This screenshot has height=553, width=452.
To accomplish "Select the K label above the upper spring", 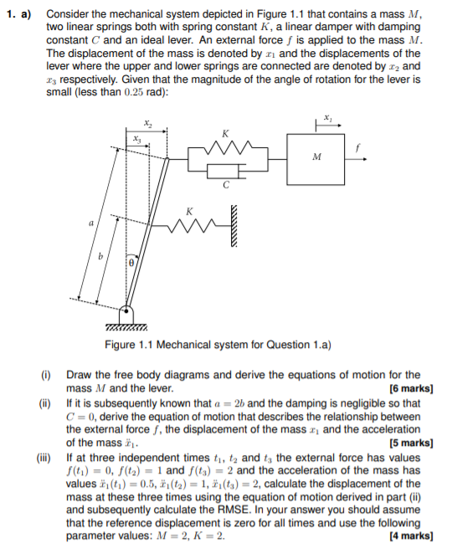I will click(x=225, y=132).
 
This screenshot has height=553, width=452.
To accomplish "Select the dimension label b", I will click(x=103, y=258).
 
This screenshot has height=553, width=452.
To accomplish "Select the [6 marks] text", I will click(x=411, y=387).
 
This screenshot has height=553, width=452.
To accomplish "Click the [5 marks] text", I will click(x=411, y=443).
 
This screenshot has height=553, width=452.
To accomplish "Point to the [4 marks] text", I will click(x=411, y=535).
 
